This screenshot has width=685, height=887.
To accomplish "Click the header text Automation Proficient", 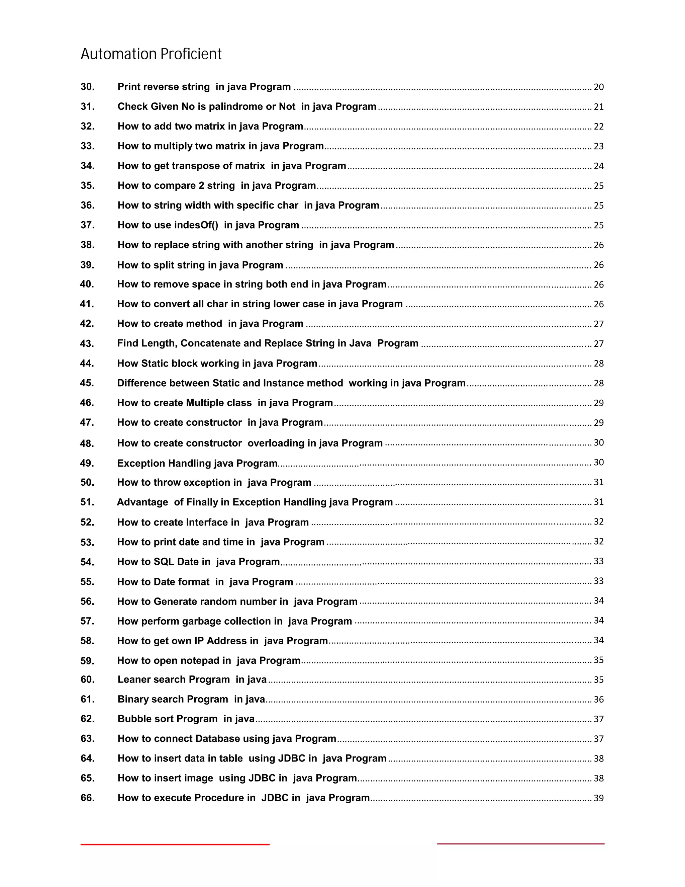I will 151,54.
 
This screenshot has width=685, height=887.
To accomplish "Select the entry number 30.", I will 88,87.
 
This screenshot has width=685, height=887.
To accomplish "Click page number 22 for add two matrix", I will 599,127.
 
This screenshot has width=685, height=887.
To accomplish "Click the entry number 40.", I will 87,284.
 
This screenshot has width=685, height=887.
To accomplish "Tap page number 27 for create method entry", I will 599,324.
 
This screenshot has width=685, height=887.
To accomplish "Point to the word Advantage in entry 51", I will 142,502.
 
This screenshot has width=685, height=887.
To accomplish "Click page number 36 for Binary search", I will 599,699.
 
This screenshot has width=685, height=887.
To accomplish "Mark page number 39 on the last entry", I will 599,798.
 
